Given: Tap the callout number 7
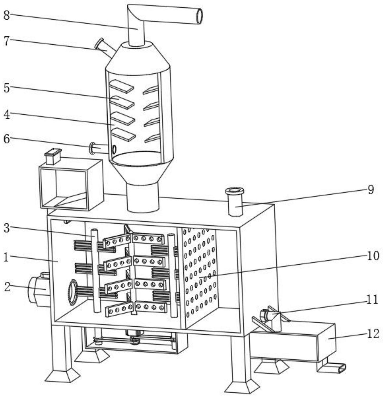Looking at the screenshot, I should [7, 41].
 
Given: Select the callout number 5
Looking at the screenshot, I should [7, 88].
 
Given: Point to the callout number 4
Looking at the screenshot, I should [7, 114].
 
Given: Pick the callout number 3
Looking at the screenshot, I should [7, 228].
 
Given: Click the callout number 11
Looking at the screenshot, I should [372, 300].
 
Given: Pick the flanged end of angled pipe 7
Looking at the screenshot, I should [99, 44].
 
